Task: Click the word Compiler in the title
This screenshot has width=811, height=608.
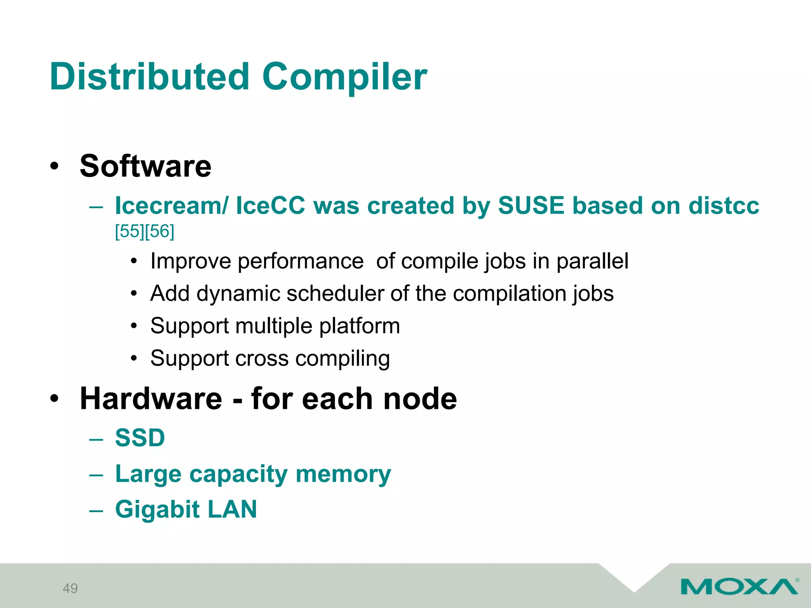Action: [345, 77]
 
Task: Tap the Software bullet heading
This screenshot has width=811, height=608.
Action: [145, 166]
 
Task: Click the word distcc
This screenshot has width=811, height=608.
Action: [723, 206]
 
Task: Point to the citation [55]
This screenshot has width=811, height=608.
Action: [129, 231]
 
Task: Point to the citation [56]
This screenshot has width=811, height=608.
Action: [160, 231]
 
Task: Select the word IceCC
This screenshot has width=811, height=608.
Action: [270, 206]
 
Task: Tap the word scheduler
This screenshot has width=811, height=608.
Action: [335, 294]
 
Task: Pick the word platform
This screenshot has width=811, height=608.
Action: [360, 326]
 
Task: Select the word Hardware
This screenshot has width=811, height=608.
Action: [151, 399]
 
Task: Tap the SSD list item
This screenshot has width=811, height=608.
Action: [140, 438]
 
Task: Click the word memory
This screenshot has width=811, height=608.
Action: [343, 474]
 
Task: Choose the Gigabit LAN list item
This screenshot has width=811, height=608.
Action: [186, 509]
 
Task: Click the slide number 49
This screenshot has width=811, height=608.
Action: [70, 589]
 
